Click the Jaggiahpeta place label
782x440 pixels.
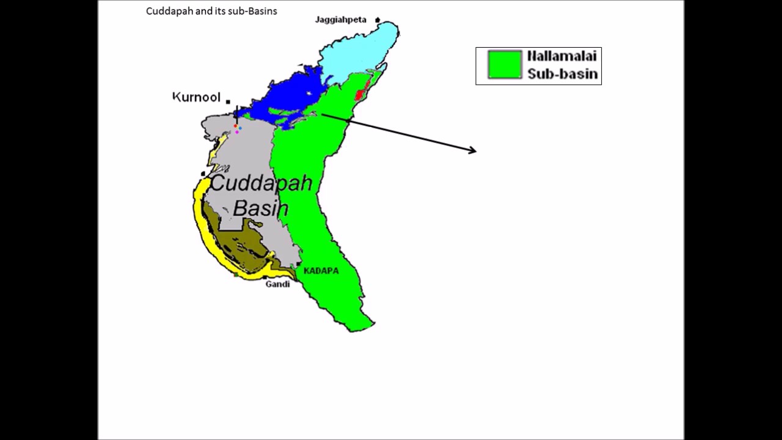pos(340,20)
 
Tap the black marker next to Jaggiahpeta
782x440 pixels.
pos(378,20)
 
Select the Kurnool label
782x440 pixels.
pos(196,97)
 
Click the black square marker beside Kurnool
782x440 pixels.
pos(228,101)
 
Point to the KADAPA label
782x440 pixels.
pos(321,271)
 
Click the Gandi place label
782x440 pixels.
pos(277,284)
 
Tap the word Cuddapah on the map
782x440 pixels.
pos(261,183)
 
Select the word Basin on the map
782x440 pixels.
pos(261,208)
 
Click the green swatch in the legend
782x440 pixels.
pos(505,65)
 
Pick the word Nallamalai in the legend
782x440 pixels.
pos(562,57)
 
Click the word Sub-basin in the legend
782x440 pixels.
pos(562,74)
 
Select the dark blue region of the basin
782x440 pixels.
pos(287,98)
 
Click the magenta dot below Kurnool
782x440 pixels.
pos(237,132)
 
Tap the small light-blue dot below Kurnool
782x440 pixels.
pos(240,128)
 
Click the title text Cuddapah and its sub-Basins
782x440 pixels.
pos(211,11)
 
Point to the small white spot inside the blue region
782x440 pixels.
pos(309,94)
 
